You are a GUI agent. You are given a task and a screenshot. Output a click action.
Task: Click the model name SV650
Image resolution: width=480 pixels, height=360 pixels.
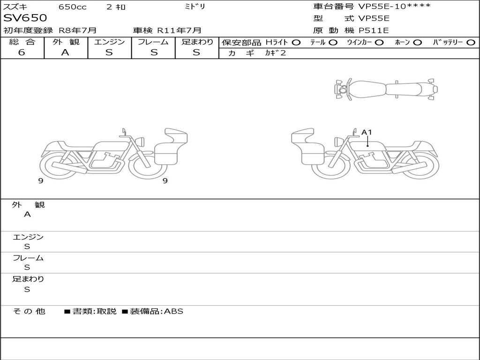[25, 18]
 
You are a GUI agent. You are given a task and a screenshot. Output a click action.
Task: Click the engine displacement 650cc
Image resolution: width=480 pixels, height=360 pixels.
[73, 7]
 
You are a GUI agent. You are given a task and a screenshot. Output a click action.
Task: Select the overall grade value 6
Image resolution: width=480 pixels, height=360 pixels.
[22, 52]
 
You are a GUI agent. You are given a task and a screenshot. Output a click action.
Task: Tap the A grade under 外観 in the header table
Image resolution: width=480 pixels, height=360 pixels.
[65, 52]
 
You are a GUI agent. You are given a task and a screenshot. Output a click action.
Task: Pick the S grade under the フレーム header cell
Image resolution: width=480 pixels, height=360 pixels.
[154, 52]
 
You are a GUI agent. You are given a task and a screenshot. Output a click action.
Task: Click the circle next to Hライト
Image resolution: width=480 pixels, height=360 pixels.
[296, 43]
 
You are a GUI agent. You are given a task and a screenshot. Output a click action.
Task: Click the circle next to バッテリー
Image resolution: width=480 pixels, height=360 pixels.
[471, 43]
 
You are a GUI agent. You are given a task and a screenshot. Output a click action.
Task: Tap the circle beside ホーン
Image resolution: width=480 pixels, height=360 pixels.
[417, 43]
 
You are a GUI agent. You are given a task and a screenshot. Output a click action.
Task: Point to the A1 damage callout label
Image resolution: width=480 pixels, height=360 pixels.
[367, 132]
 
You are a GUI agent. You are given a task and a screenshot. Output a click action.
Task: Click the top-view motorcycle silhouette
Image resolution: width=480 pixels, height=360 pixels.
[386, 89]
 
